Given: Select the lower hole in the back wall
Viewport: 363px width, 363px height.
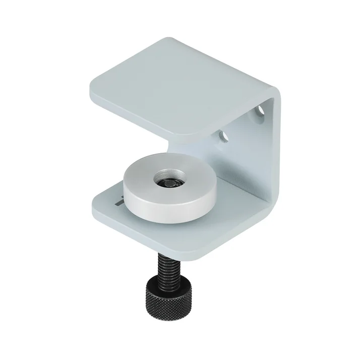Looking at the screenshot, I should pyautogui.click(x=222, y=136).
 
